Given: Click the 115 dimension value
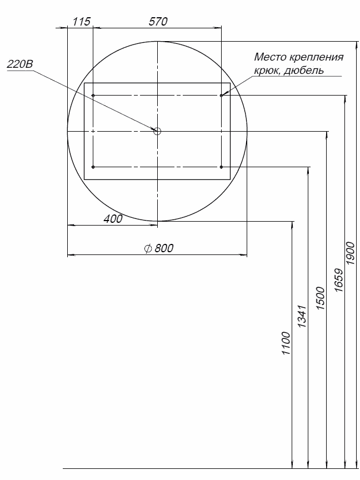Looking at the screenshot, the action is [82, 22].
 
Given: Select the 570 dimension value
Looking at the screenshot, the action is [158, 22].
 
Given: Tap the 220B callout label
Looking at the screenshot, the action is [20, 64].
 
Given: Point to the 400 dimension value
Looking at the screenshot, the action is [113, 219].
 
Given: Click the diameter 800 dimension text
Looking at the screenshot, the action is [159, 248].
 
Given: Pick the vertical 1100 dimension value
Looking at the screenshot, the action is [286, 343].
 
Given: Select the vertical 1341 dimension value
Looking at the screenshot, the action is [302, 317].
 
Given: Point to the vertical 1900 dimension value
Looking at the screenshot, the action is [350, 253].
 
